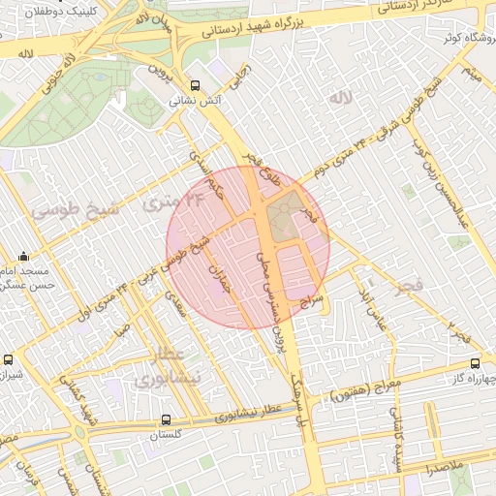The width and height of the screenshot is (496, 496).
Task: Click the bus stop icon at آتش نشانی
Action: pyautogui.click(x=197, y=85)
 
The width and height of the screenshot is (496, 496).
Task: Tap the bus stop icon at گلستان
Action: pyautogui.click(x=167, y=420)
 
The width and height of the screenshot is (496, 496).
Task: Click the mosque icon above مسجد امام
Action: pyautogui.click(x=23, y=259)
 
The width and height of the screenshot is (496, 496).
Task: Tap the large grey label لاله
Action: pyautogui.click(x=339, y=99)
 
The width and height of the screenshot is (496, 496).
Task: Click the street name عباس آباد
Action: pyautogui.click(x=375, y=306)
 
